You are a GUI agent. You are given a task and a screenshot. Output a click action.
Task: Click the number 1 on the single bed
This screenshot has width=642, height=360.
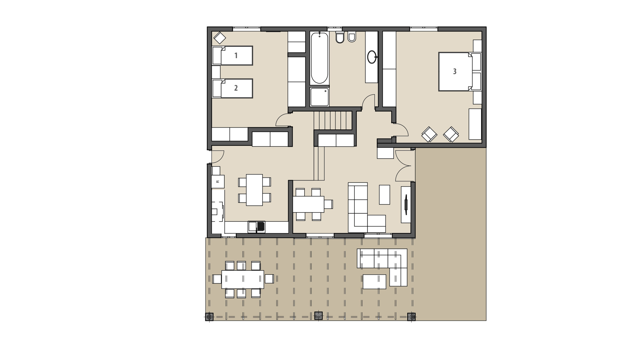[x=236, y=55]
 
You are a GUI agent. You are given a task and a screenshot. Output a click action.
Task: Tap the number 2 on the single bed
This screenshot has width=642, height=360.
[x=236, y=88]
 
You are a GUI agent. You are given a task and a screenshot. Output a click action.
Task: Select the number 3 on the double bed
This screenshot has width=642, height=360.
[x=454, y=71]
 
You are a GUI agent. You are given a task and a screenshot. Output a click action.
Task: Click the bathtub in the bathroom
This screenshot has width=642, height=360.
[x=319, y=58]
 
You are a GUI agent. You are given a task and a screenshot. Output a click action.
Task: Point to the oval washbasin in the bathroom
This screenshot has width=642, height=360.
[x=371, y=57]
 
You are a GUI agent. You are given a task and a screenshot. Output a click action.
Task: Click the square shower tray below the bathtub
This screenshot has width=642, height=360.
[x=319, y=97]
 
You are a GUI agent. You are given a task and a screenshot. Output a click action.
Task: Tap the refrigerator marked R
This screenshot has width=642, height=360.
[x=218, y=182]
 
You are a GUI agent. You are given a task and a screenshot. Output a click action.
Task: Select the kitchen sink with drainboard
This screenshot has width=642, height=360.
[x=256, y=227]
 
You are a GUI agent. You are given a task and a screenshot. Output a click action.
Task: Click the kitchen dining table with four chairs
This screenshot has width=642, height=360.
[x=254, y=190]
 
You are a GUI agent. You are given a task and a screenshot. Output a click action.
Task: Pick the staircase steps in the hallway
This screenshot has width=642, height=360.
[x=333, y=120]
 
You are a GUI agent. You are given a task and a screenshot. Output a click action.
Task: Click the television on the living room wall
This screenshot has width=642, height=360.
[x=406, y=204]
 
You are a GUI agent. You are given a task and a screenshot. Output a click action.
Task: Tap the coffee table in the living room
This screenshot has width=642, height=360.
[x=384, y=195]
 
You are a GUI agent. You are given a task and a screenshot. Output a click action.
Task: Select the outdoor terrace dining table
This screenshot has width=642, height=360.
[x=242, y=279]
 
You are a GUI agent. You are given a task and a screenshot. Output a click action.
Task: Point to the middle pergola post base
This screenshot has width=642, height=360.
[x=318, y=316]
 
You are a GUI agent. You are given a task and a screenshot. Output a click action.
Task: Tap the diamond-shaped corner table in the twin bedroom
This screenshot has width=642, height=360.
[x=220, y=38]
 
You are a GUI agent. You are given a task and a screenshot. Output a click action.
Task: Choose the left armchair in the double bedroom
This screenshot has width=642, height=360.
[x=429, y=134]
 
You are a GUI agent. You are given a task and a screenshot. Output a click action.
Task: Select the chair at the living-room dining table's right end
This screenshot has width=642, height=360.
[x=329, y=204]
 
